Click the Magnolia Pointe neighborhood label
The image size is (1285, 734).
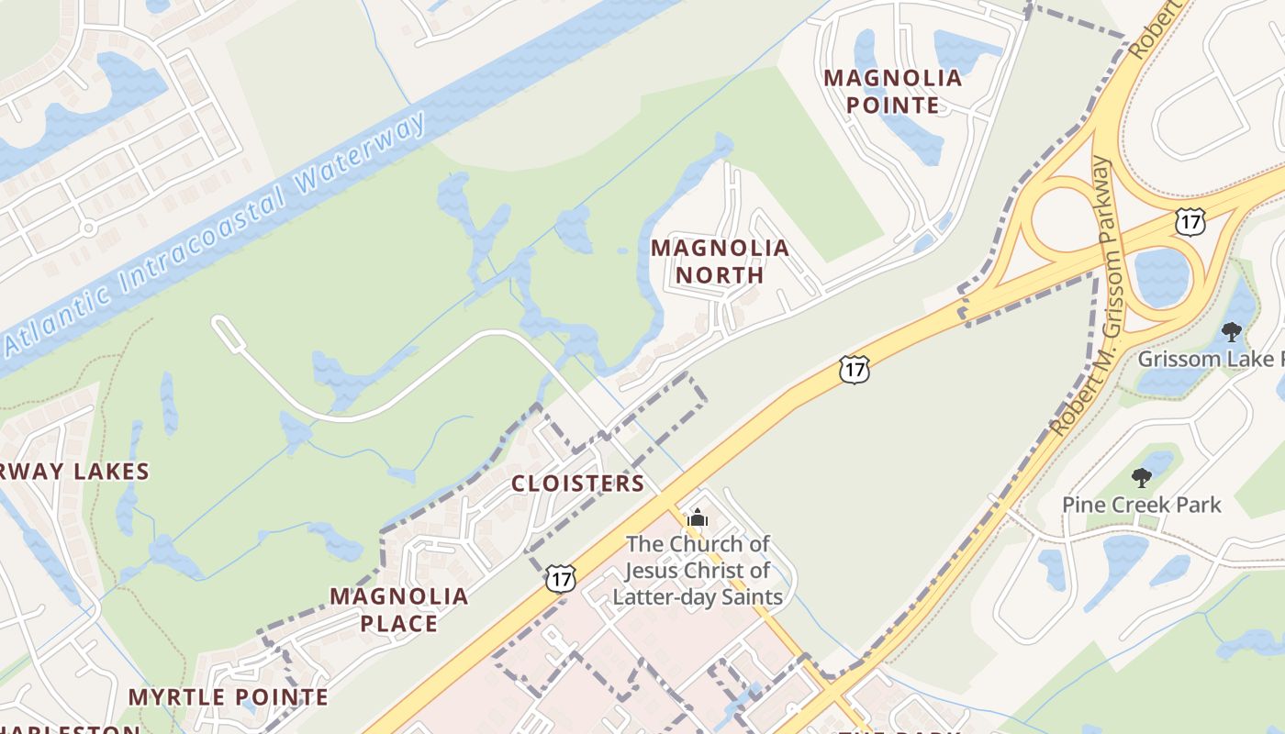(x=893, y=91)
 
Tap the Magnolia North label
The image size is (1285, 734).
(x=720, y=261)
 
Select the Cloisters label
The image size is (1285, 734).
(x=577, y=484)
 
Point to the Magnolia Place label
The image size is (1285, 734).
(x=399, y=610)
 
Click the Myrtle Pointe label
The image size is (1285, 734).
(x=228, y=697)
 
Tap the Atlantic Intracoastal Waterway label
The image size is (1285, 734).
(x=216, y=234)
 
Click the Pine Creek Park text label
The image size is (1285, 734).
(x=1142, y=505)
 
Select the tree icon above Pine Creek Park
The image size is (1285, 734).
(x=1142, y=477)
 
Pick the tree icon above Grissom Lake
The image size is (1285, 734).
(x=1231, y=332)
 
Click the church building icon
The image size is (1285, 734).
(x=698, y=518)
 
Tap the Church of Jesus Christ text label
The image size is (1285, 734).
(x=698, y=571)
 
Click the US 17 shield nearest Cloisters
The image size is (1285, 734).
(x=560, y=578)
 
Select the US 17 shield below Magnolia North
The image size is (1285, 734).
(x=854, y=370)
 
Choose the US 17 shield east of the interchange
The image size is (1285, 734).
(x=1190, y=220)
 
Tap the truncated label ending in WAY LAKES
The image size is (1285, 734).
(x=73, y=473)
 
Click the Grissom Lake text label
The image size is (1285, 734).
(x=1210, y=359)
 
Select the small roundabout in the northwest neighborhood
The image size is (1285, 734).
(x=88, y=227)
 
